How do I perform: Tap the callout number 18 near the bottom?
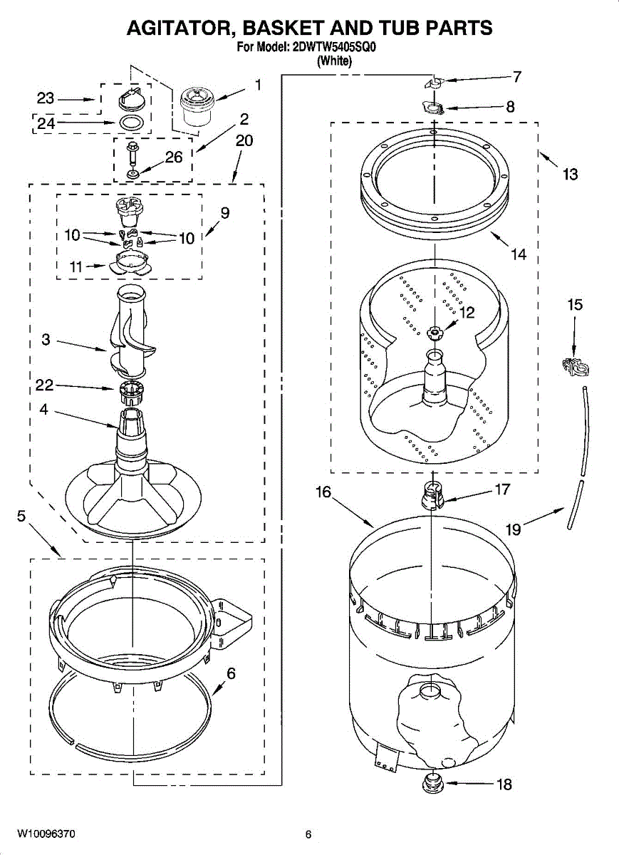pos(504,784)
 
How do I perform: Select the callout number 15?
pos(574,305)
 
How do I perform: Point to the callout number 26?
pos(174,157)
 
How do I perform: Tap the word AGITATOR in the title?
pos(180,28)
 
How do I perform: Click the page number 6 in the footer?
pos(308,834)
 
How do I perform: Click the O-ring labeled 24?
pos(128,123)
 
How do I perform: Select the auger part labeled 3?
pos(128,331)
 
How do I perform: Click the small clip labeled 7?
pos(432,83)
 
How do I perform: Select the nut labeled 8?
pos(434,108)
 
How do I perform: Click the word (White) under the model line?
pos(334,61)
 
